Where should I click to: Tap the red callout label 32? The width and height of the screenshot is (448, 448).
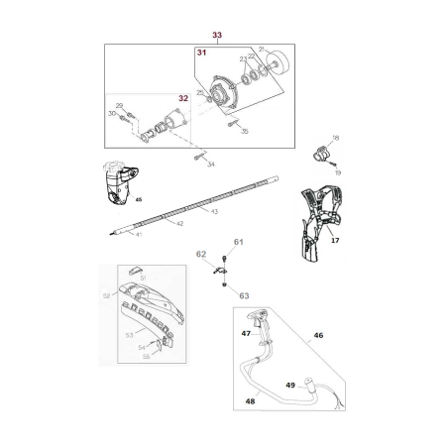[182, 98]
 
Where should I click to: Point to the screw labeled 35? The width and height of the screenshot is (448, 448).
[231, 125]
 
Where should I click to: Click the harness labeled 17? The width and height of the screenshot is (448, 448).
[324, 218]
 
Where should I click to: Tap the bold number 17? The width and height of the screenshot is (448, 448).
[335, 239]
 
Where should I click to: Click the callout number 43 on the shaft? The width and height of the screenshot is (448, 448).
[214, 211]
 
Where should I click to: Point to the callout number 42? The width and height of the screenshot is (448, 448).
[179, 224]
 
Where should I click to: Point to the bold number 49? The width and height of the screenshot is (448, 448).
[290, 385]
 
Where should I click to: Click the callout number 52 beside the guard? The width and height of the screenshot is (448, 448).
[106, 295]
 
